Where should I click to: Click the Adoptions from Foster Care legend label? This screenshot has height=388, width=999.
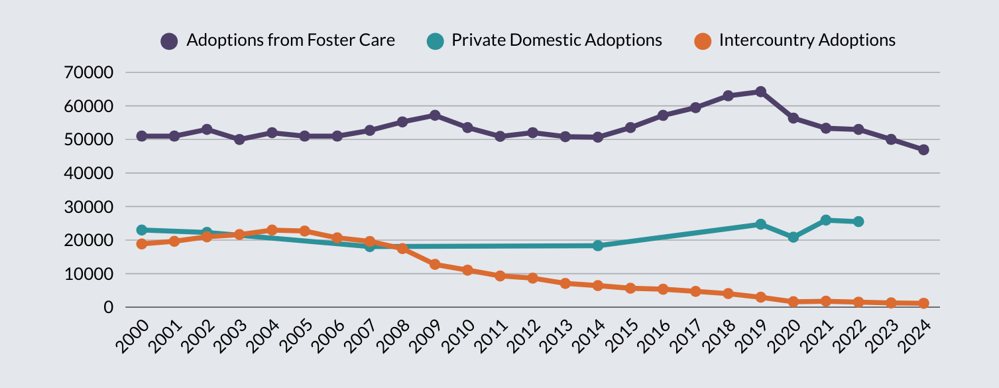[290, 40]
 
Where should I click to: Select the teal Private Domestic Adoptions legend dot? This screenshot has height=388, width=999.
[435, 41]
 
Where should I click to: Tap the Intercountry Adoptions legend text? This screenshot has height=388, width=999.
[807, 40]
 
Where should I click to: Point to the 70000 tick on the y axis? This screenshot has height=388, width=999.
[89, 72]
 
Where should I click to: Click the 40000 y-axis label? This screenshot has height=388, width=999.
[89, 173]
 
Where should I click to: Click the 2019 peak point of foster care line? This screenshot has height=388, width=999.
[760, 92]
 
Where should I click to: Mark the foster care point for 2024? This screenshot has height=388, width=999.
[923, 150]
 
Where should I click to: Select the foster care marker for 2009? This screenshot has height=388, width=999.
[435, 115]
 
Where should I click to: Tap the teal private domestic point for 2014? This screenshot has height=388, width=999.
[598, 245]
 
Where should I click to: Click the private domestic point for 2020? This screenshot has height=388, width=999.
[793, 237]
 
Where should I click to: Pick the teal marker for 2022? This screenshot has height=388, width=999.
[858, 222]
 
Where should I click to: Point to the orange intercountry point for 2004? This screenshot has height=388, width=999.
[272, 230]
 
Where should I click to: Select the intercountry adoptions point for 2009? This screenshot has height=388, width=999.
[435, 264]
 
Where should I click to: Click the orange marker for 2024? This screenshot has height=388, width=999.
[923, 303]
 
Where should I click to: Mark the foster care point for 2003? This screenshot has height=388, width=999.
[239, 139]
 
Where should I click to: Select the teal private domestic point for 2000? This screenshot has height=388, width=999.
[141, 230]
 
